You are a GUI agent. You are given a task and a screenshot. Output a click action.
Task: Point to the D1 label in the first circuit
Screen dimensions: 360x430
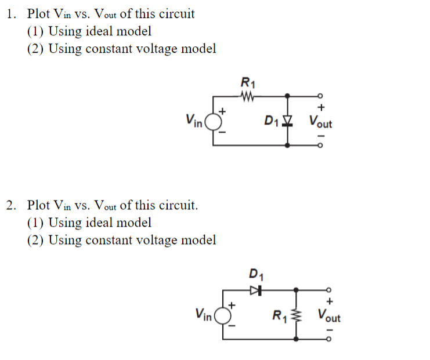270,121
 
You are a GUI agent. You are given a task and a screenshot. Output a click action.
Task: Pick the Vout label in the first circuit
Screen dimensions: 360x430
320,122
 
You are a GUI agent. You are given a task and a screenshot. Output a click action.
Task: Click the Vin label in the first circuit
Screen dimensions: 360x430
193,121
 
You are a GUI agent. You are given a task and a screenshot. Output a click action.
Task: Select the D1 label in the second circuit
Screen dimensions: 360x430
255,274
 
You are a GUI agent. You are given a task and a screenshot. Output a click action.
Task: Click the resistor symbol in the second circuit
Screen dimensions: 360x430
297,317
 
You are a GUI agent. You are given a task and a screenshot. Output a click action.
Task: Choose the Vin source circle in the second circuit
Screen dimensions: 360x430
221,316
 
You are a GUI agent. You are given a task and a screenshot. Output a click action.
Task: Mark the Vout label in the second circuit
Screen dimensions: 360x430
329,317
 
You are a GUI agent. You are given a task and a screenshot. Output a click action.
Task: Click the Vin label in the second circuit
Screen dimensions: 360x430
203,315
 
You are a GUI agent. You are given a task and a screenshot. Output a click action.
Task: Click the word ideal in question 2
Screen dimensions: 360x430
100,223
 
